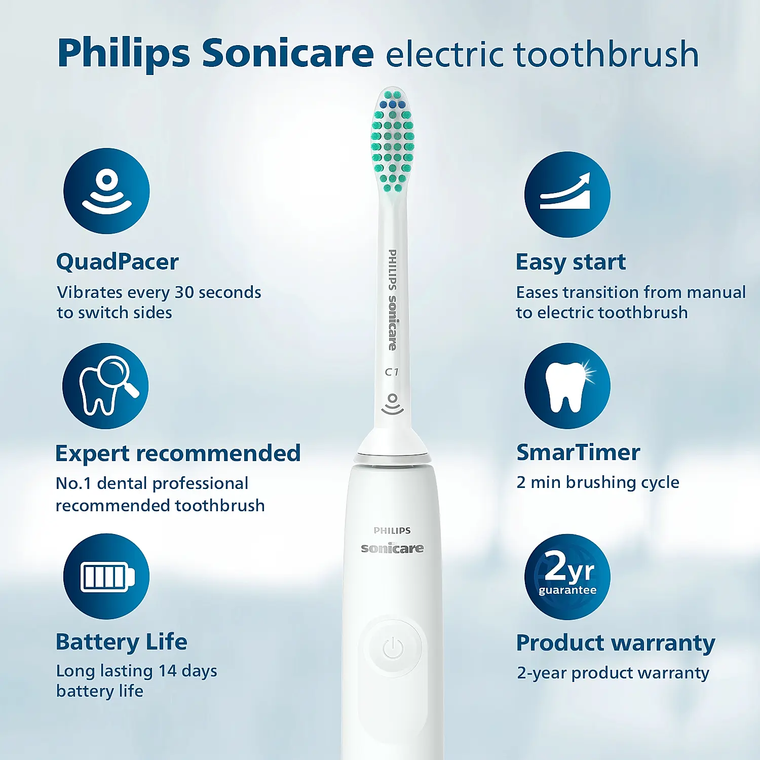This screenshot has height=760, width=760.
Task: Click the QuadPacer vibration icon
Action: [106, 191]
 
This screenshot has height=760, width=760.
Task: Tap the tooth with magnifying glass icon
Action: [105, 386]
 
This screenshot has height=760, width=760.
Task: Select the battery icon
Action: [106, 577]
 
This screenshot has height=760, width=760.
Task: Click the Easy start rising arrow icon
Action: [567, 195]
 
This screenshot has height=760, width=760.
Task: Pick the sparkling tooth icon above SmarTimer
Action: [567, 386]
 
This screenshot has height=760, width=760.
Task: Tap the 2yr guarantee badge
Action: [567, 577]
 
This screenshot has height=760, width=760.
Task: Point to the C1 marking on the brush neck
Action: [392, 372]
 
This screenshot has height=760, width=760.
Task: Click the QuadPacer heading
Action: [117, 262]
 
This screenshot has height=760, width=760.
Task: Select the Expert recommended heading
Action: [178, 453]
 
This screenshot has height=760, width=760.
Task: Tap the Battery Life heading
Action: [121, 642]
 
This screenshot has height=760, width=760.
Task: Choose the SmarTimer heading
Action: [578, 452]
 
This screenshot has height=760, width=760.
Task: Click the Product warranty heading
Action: [616, 643]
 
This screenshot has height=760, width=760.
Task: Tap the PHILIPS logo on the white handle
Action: [392, 530]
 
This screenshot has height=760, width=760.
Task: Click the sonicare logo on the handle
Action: [392, 548]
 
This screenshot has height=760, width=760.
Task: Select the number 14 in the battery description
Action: [167, 671]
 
